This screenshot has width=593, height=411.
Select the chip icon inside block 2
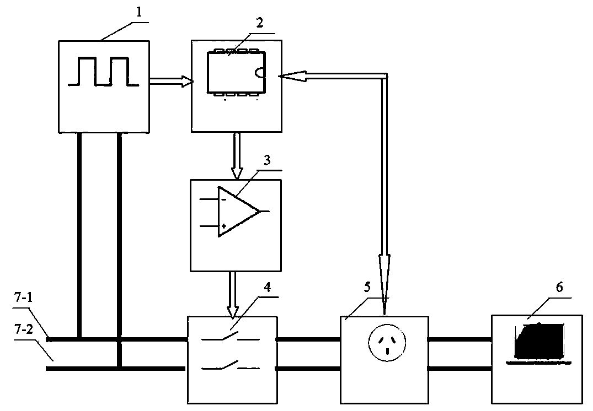pos(236,72)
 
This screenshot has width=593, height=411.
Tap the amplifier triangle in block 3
pos(239,212)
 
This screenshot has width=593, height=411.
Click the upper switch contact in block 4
pos(231,337)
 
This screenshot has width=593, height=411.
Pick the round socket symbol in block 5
pos(387,342)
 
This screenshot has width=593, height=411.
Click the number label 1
pos(139,13)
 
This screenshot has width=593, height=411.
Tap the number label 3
pos(267,160)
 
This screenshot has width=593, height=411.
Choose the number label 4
pos(267,288)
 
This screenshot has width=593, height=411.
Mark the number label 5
pos(367,287)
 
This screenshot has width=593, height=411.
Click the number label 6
pos(559,288)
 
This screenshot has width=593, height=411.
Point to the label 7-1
pos(24,298)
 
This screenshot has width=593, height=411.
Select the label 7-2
pos(24,329)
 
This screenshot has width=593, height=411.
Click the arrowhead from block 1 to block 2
pos(187,81)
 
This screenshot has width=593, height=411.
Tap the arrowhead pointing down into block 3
pos(237,173)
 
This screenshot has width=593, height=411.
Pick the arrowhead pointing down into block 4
pos(233,311)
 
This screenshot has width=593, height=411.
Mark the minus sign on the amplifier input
pos(223,199)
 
